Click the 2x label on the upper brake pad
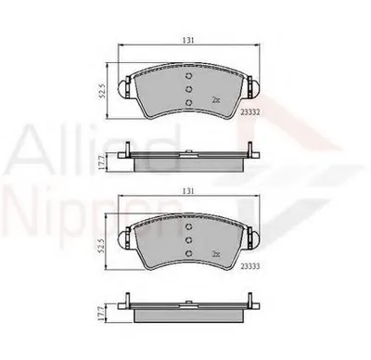[215, 99]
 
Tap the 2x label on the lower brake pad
[215, 254]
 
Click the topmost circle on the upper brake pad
[188, 77]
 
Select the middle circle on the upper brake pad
[188, 89]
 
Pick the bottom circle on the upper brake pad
[188, 101]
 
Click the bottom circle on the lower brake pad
[188, 256]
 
